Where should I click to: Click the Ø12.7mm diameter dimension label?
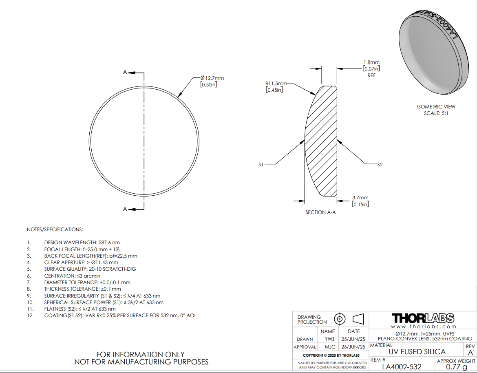pyautogui.click(x=212, y=78)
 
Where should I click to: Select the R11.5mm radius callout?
pyautogui.click(x=276, y=83)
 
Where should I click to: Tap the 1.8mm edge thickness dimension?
pyautogui.click(x=371, y=62)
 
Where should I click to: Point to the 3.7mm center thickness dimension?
pyautogui.click(x=360, y=198)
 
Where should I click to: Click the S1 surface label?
pyautogui.click(x=261, y=165)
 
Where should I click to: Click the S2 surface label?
pyautogui.click(x=380, y=165)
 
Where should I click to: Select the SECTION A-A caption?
pyautogui.click(x=320, y=212)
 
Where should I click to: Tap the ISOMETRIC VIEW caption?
pyautogui.click(x=436, y=107)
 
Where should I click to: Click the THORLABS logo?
pyautogui.click(x=423, y=318)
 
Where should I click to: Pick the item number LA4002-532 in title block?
pyautogui.click(x=402, y=366)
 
